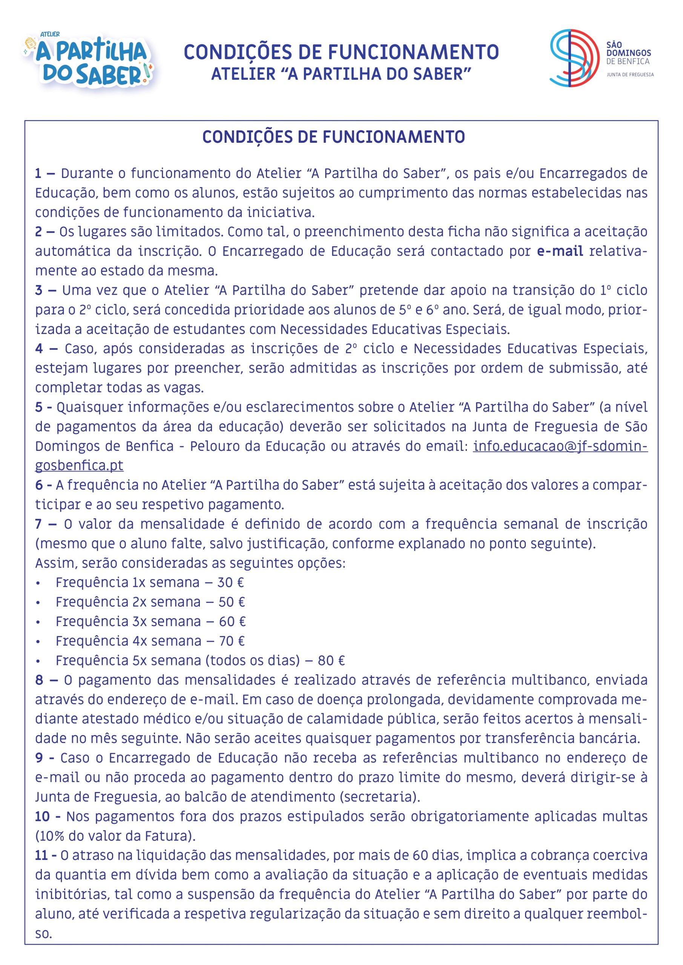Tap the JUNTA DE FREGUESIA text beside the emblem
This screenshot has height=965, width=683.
point(629,75)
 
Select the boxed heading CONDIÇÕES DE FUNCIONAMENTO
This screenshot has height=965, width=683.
point(333,137)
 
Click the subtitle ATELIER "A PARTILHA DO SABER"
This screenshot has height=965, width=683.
point(341,74)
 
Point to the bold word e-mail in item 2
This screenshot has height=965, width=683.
point(560,251)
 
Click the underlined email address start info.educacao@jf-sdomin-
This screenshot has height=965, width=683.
point(560,446)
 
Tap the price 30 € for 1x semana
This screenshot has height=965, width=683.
point(230,582)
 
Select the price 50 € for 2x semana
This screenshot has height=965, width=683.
point(231,602)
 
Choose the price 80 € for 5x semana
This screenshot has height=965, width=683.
point(331,660)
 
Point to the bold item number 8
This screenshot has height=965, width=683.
point(39,680)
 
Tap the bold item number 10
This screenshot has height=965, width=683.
point(43,816)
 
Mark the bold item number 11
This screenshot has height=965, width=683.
point(42,855)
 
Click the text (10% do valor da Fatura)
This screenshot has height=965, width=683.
point(116,836)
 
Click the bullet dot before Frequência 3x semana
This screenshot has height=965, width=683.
point(38,622)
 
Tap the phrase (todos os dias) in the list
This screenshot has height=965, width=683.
point(252,660)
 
